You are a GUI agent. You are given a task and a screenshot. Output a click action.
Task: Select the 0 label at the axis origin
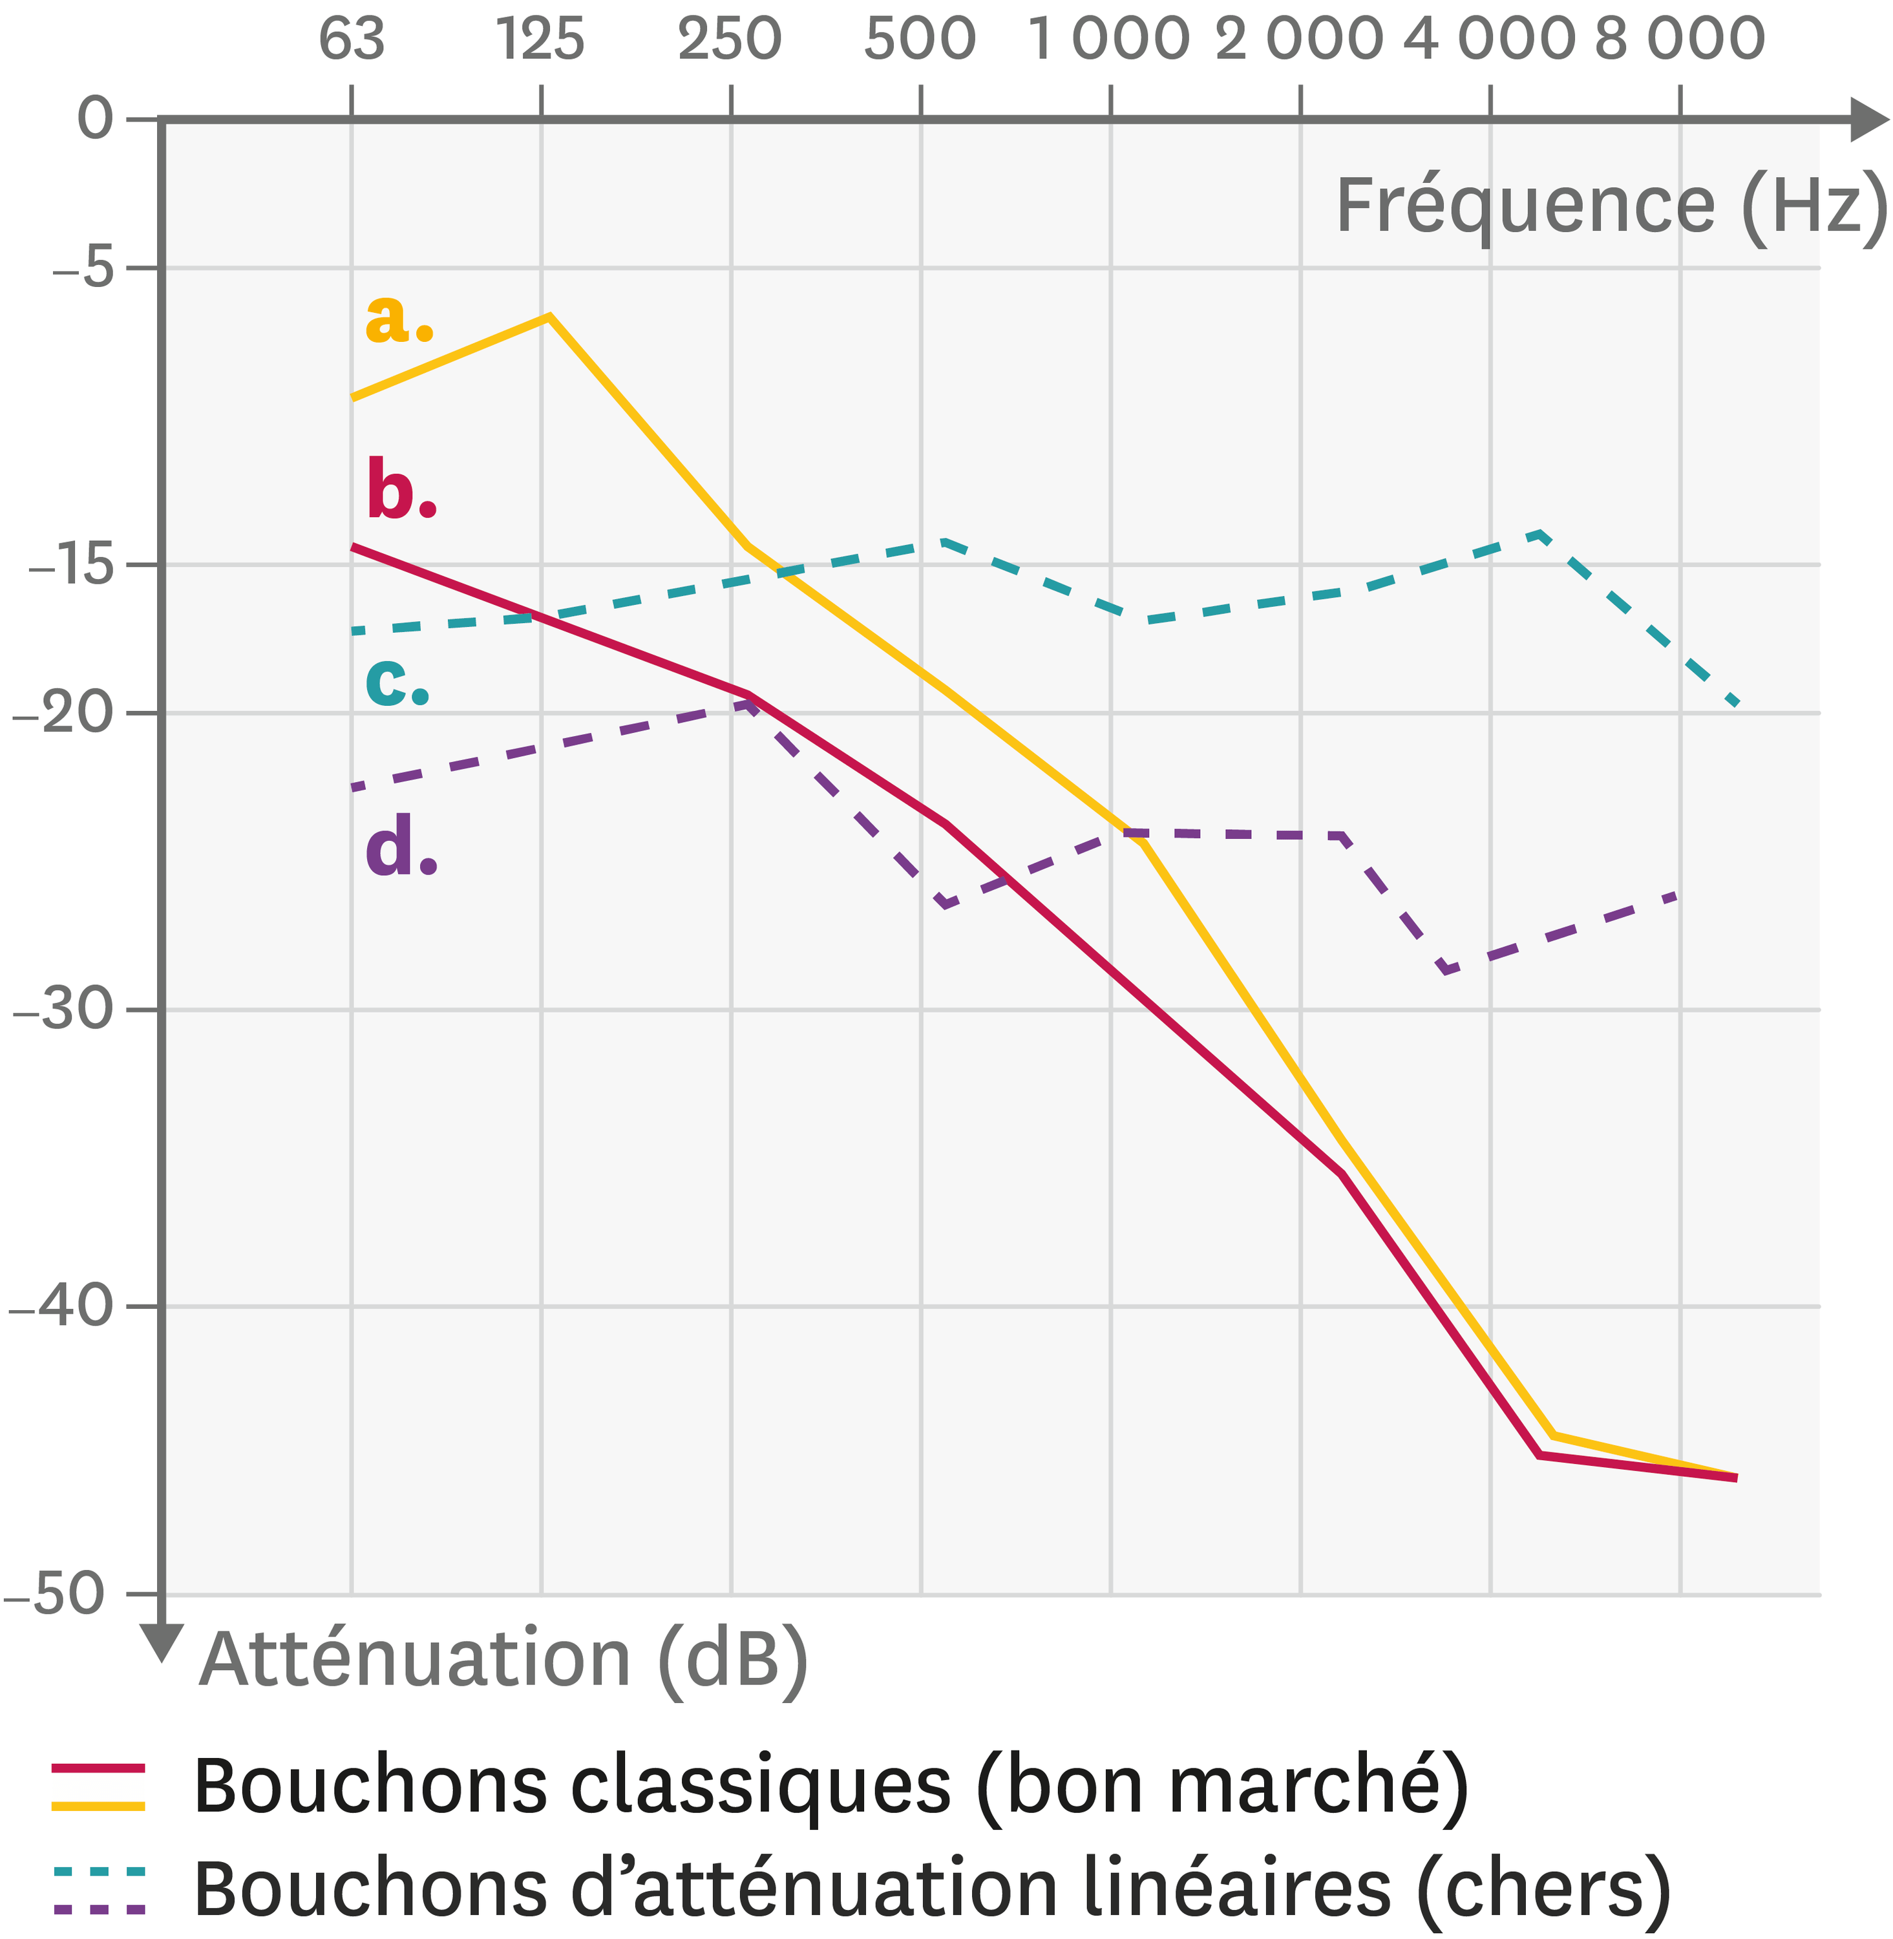click(96, 120)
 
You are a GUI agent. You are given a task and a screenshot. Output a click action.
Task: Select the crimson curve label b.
click(401, 490)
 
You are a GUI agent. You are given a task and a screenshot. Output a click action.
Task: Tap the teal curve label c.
click(397, 681)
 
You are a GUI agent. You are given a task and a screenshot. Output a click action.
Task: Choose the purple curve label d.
click(401, 847)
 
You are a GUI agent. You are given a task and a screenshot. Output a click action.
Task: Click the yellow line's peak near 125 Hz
click(548, 316)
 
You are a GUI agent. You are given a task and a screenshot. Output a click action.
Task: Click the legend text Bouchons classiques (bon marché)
click(830, 1787)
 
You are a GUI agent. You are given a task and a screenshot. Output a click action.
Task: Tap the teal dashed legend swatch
click(98, 1873)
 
